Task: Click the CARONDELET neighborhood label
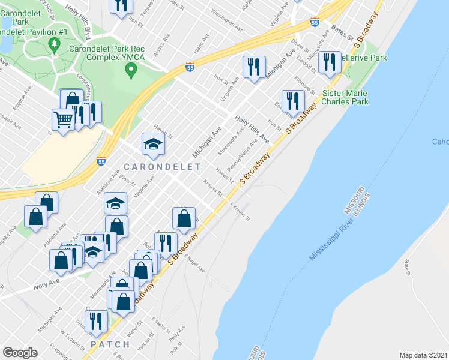pos(153,164)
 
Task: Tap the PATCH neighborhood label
pos(110,344)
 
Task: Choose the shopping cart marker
pos(63,119)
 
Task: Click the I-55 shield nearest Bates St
pos(315,22)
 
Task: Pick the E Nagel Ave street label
pos(194,262)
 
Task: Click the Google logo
pos(20,353)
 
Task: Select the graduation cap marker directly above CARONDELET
pos(153,143)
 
